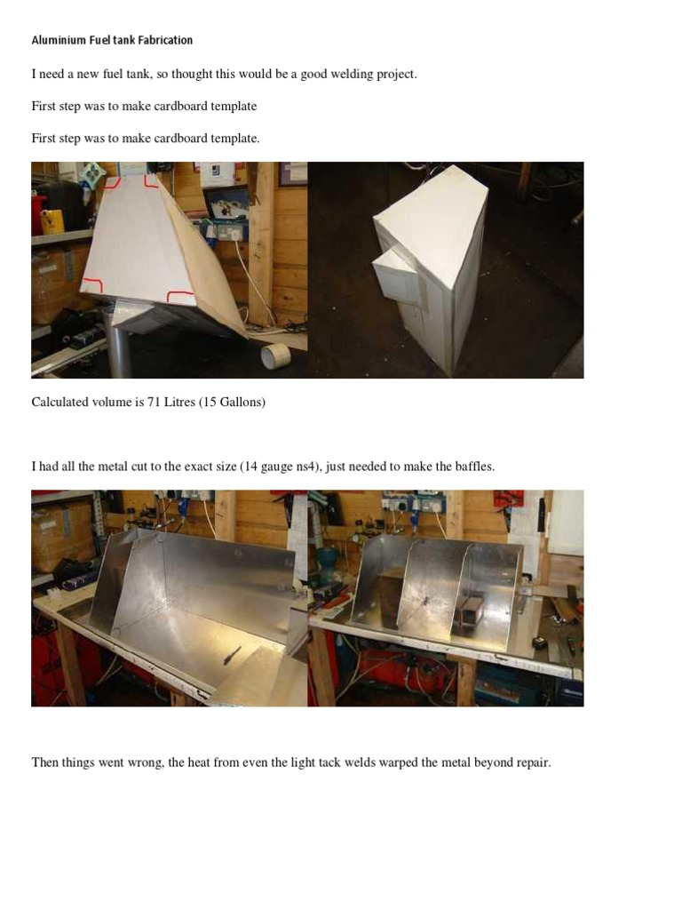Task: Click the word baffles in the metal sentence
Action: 475,466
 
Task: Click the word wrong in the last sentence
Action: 147,763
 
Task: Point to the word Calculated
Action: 59,402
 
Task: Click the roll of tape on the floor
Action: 275,355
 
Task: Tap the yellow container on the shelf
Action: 52,221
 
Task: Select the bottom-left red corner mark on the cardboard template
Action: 91,284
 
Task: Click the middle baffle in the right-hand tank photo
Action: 427,590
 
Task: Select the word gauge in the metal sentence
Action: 277,467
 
